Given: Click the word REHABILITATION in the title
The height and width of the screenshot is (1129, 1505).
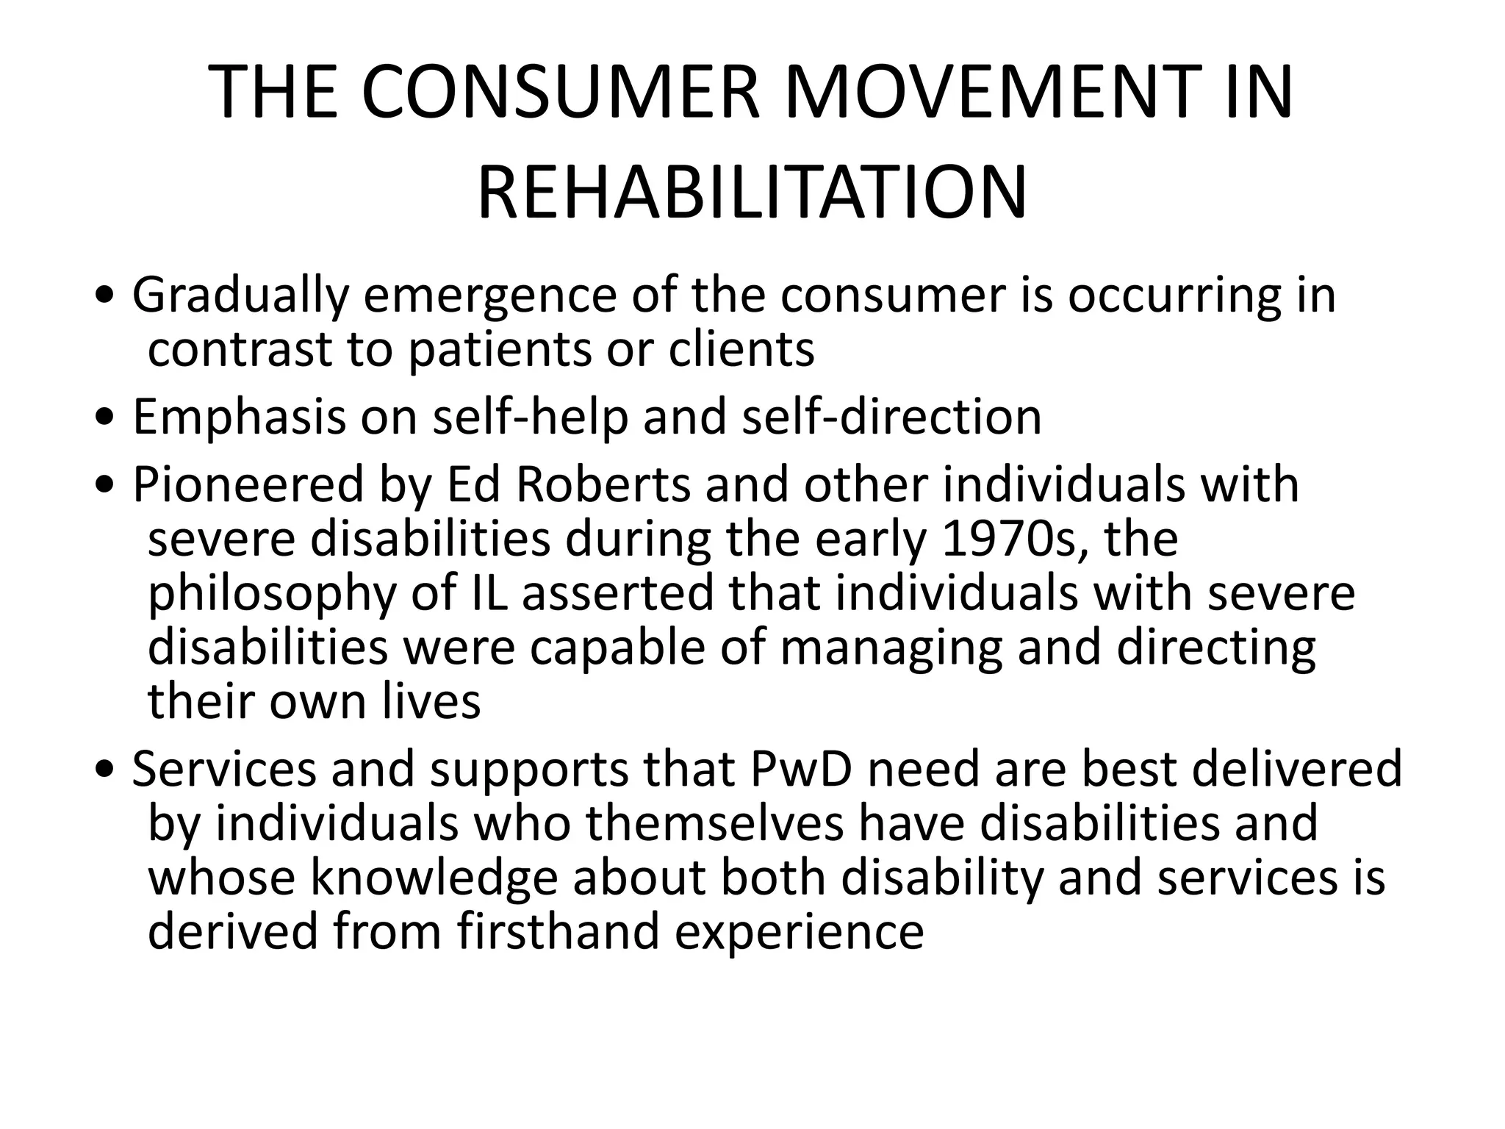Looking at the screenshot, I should [x=752, y=193].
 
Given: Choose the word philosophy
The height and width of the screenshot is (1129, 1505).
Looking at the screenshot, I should [x=272, y=594].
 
